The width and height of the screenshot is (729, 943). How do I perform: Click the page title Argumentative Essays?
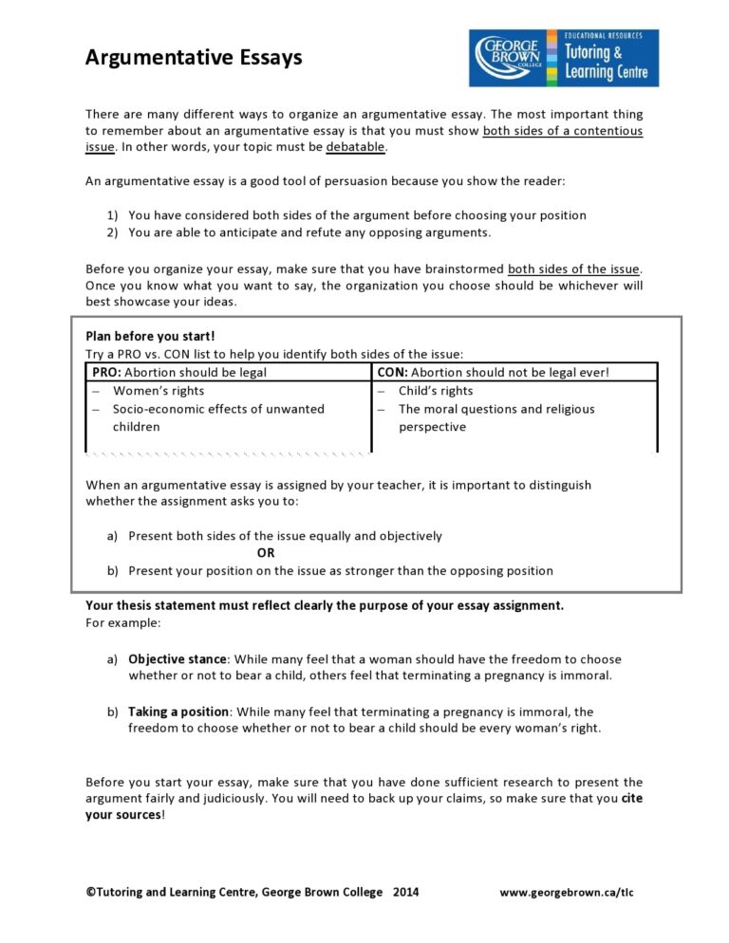point(194,58)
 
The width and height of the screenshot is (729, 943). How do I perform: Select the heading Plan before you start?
point(150,336)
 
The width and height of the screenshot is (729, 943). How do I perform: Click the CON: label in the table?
point(393,373)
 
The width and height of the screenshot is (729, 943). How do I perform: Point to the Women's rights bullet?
point(158,391)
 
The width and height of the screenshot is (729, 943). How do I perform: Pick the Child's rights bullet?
point(436,391)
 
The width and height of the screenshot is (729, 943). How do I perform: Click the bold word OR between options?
point(266,553)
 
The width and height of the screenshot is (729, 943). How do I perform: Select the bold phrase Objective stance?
point(178,659)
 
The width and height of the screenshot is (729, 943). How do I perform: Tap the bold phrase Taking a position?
point(178,712)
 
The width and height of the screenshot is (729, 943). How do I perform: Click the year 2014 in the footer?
point(405,893)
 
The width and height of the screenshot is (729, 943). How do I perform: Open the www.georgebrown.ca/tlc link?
point(567,893)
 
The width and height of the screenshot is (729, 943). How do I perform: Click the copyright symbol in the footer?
point(90,893)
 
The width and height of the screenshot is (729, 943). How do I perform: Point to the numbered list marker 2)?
point(112,232)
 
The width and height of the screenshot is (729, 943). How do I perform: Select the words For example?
point(123,623)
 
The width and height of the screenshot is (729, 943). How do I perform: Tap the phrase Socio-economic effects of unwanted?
point(218,409)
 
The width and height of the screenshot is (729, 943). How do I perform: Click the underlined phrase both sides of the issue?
point(574,268)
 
